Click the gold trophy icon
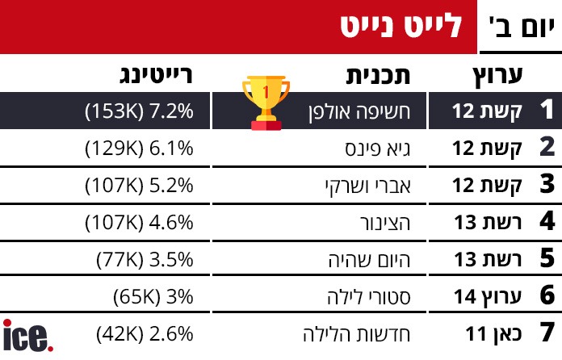click(265, 103)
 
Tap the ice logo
click(28, 336)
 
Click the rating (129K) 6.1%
click(139, 148)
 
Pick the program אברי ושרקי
click(365, 185)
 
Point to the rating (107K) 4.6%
click(139, 222)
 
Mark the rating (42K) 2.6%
click(145, 333)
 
